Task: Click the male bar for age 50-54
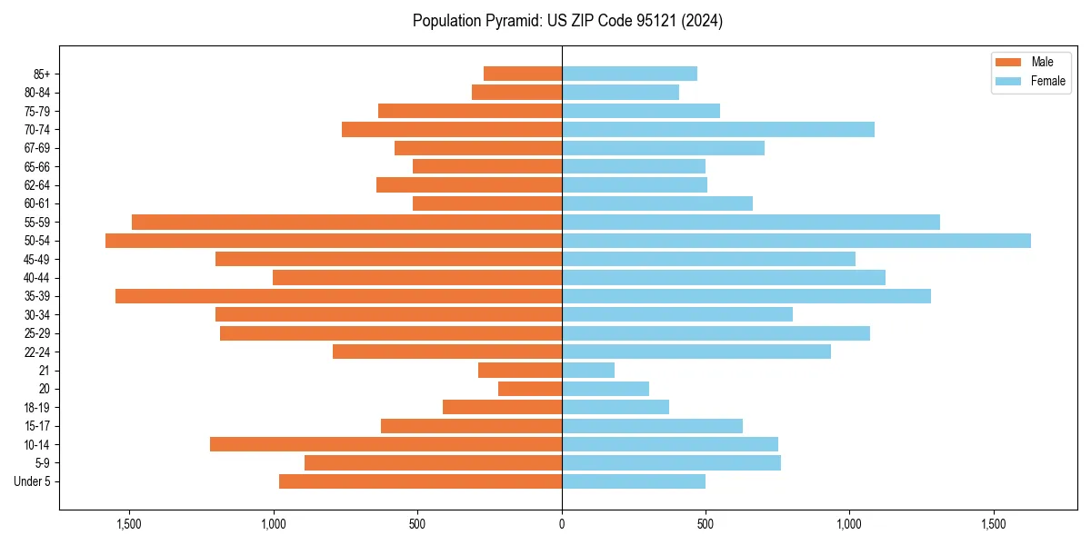click(x=334, y=241)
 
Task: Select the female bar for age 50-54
click(x=796, y=241)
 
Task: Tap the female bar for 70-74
click(x=718, y=130)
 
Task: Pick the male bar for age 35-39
click(x=338, y=296)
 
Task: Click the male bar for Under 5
click(x=420, y=481)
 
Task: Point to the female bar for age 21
click(x=588, y=371)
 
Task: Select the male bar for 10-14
click(x=385, y=444)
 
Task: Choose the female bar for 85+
click(x=630, y=74)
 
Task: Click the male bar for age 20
click(x=530, y=389)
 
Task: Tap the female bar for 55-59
click(x=751, y=223)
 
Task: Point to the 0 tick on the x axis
click(x=562, y=524)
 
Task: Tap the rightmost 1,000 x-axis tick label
click(x=849, y=524)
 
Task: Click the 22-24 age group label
click(x=37, y=352)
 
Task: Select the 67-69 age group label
click(x=37, y=148)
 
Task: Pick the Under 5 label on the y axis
click(x=33, y=481)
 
